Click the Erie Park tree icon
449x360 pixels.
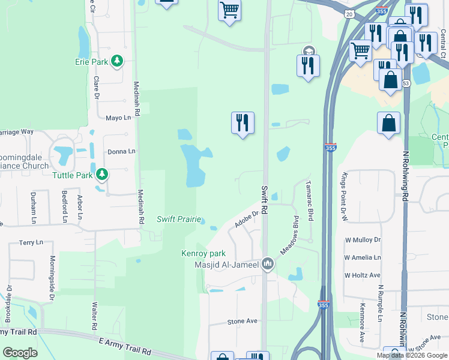117,61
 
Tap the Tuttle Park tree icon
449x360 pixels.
102,175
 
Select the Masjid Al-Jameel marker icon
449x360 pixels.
268,264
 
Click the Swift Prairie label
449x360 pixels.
179,219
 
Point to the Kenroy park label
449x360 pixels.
203,253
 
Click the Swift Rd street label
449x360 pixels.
265,197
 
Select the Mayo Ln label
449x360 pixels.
118,118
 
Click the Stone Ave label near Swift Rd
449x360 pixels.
242,321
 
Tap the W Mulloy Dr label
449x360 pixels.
363,240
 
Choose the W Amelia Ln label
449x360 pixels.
363,257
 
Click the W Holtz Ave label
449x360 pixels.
363,275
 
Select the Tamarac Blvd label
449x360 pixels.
310,201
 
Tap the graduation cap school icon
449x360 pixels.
309,52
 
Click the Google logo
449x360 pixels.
20,353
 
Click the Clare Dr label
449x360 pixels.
95,88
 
